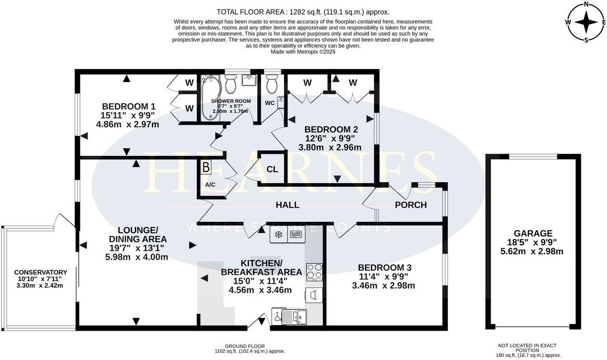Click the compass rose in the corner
[586, 22]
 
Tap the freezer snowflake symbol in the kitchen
[278, 235]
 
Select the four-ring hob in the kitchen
[313, 270]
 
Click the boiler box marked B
[206, 167]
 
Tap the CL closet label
[272, 169]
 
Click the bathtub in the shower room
[211, 98]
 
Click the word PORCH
[411, 205]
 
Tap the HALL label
[288, 205]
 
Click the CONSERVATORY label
[41, 272]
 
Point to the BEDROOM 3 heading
[385, 267]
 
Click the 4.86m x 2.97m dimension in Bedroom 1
[127, 124]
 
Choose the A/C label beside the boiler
[210, 184]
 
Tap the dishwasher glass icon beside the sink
[277, 316]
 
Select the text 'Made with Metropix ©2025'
[303, 52]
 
